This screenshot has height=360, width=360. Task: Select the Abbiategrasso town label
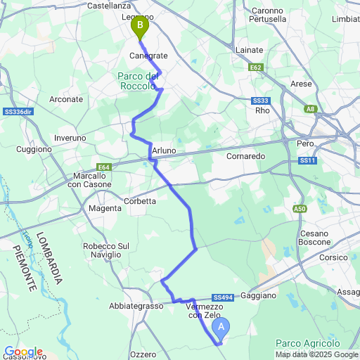point(136,306)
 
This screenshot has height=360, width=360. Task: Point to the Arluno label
point(163,151)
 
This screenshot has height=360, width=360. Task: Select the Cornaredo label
point(245,156)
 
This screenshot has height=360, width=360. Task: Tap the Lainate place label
point(250,51)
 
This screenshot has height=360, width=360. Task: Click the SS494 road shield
point(221,297)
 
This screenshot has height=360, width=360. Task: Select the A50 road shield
point(301,209)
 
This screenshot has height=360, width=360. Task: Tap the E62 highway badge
point(256,68)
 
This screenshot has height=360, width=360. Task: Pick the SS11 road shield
point(307,161)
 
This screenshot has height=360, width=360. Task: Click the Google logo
point(23,352)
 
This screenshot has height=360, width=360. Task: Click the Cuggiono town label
point(34,149)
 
